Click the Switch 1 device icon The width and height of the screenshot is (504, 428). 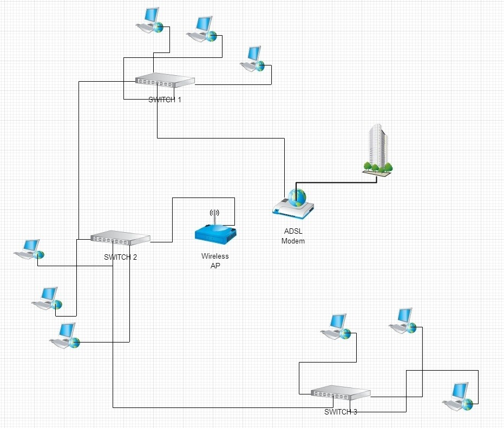pos(165,81)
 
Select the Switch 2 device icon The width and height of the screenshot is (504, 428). pos(120,237)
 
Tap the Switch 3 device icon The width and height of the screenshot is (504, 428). pos(341,393)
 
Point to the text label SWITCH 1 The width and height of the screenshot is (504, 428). pos(165,100)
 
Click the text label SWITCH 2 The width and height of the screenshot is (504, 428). pos(120,257)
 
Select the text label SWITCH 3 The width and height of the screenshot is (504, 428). pos(341,412)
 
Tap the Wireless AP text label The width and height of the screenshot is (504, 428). pos(215,260)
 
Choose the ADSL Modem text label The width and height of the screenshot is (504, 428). pos(293,236)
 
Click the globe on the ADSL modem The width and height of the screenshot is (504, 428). pos(297,198)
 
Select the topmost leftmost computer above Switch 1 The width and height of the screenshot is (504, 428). pos(149,21)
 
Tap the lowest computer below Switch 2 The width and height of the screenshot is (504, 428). pos(65,335)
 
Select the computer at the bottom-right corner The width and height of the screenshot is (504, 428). pos(458,395)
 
